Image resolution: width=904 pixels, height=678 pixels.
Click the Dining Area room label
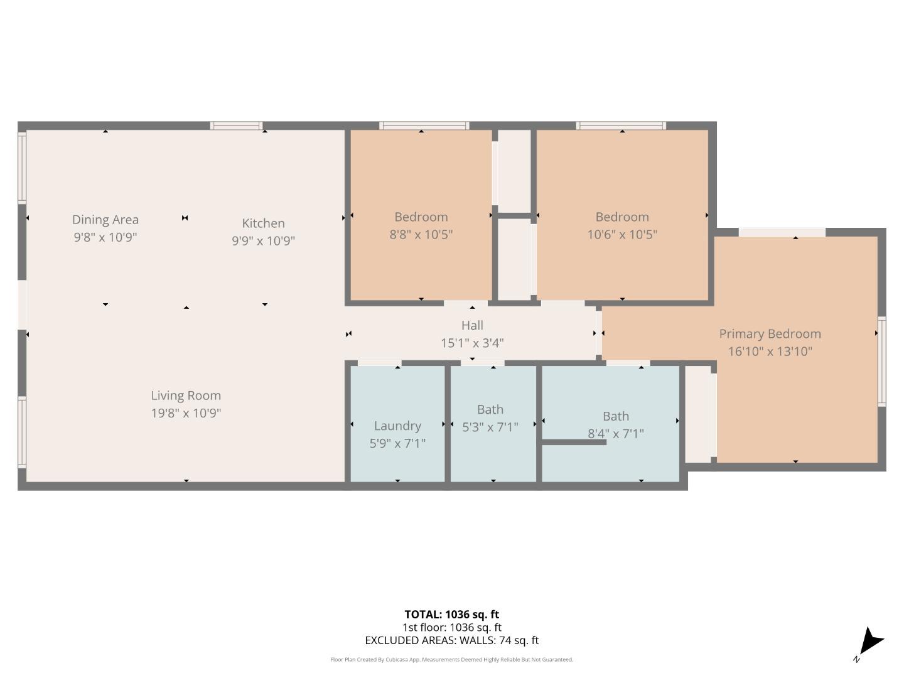point(105,220)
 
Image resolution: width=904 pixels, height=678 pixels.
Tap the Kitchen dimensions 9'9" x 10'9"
point(263,240)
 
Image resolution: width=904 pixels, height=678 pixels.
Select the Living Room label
point(186,395)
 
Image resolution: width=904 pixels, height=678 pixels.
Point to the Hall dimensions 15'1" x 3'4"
point(472,343)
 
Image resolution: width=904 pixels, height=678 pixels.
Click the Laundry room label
point(397,426)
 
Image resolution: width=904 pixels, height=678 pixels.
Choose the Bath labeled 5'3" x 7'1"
point(490,418)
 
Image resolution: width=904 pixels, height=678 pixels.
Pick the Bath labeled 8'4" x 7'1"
point(615,424)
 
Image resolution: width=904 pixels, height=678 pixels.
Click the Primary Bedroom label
point(770,334)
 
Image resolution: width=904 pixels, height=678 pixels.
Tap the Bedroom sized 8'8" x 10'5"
point(421,225)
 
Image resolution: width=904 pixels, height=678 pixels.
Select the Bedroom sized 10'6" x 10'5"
point(621,225)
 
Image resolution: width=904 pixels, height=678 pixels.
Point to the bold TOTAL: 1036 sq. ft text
point(451,615)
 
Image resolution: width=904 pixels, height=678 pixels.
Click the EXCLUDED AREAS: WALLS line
point(451,640)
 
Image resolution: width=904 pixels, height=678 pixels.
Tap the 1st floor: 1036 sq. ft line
point(451,627)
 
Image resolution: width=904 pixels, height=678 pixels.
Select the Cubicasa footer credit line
point(451,660)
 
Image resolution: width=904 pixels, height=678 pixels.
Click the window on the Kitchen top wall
point(236,126)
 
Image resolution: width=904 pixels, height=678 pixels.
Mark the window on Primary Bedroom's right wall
point(881,361)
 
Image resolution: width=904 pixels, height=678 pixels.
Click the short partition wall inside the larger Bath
point(574,443)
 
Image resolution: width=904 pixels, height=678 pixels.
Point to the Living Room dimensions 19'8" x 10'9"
point(186,413)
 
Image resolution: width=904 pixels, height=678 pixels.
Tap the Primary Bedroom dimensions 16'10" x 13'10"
point(770,352)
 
